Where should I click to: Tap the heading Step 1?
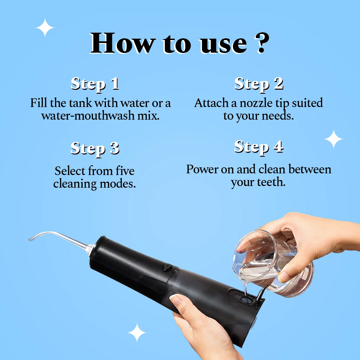pos(95,84)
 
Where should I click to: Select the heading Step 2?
pos(259,84)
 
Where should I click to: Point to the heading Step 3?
pos(95,148)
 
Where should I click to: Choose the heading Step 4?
pos(259,147)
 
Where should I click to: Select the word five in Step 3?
pos(125,171)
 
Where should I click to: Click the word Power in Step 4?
pos(202,169)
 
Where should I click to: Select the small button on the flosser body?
pos(167,268)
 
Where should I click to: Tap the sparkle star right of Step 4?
pos(334,139)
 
